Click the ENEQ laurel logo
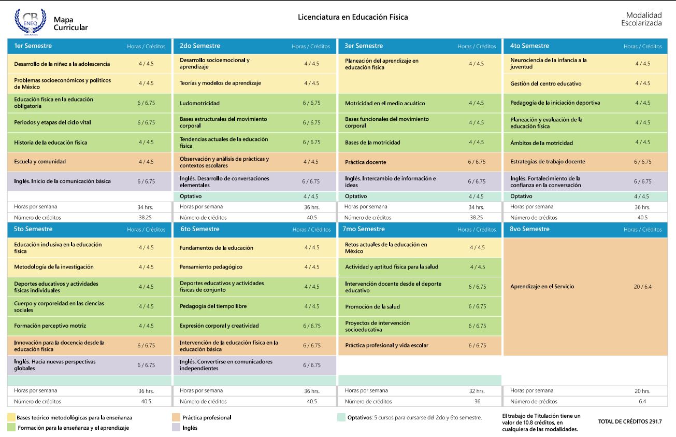[31, 21]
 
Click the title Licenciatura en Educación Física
[352, 17]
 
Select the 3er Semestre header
[364, 46]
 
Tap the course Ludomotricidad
[199, 103]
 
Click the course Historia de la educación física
[50, 143]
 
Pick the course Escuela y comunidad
[40, 162]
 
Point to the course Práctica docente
[366, 162]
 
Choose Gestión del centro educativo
[545, 83]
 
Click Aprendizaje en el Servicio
[542, 287]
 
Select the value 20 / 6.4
[642, 287]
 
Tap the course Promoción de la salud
[372, 307]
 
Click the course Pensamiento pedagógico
[211, 267]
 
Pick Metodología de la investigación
[54, 267]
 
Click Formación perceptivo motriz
[50, 326]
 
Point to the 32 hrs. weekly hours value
[477, 391]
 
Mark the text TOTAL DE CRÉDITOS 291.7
[630, 421]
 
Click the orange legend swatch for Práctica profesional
[176, 417]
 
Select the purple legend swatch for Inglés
[176, 427]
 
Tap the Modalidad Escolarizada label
[642, 19]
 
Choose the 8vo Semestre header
[529, 229]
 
